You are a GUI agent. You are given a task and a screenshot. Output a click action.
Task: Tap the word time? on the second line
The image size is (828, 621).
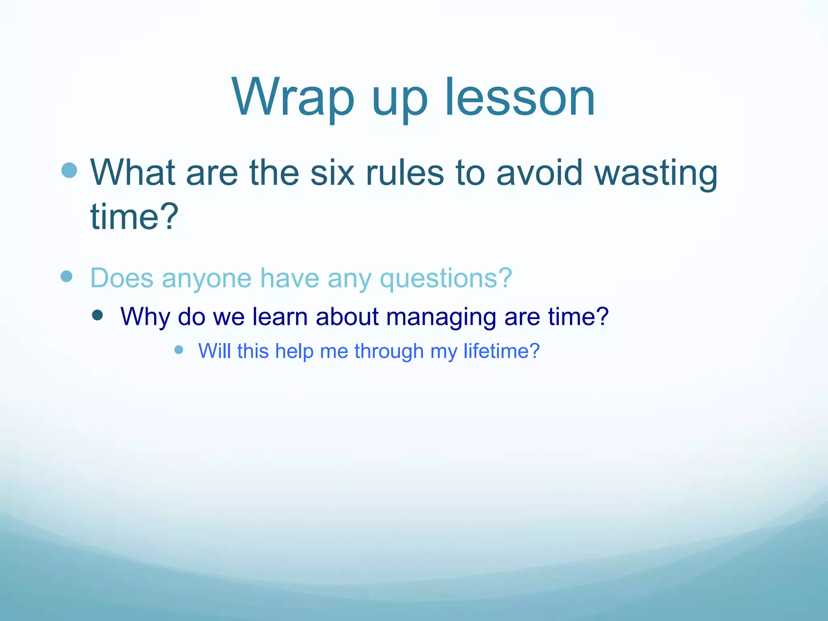[x=134, y=217]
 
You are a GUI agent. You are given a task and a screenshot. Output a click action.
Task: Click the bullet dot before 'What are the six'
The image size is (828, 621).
[x=69, y=171]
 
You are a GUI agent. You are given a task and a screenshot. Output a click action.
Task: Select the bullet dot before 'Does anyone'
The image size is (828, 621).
[x=66, y=277]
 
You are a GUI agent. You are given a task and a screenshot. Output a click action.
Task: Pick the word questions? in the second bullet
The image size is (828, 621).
[x=446, y=279]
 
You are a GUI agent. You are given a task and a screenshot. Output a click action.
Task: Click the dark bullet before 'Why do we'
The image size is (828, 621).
[x=97, y=315]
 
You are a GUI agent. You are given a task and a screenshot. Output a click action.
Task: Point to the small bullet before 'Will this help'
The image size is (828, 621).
[x=179, y=349]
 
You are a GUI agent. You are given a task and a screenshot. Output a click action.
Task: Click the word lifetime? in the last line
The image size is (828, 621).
[x=501, y=351]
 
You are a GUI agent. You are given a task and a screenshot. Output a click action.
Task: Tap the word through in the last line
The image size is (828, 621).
[x=389, y=351]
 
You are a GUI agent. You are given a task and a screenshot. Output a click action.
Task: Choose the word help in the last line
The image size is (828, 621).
[x=294, y=351]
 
